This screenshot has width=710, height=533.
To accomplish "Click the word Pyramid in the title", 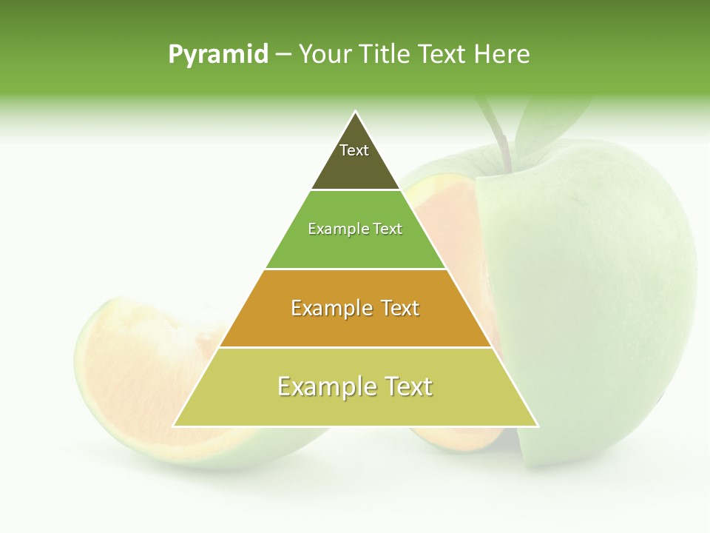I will point(217,55).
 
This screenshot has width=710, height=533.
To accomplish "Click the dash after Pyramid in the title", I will point(283,55).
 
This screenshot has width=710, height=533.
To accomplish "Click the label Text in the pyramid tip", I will point(354,150).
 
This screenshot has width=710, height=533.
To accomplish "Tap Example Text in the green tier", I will point(355,229).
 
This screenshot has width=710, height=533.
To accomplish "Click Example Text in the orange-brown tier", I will point(355,308).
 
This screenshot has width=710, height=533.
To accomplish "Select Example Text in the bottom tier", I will point(355,386).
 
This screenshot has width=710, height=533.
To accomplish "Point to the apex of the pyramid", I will point(356,112).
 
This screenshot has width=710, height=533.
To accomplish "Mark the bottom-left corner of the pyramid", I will point(174,426).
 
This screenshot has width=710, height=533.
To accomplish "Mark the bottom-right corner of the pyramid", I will point(537,426).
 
